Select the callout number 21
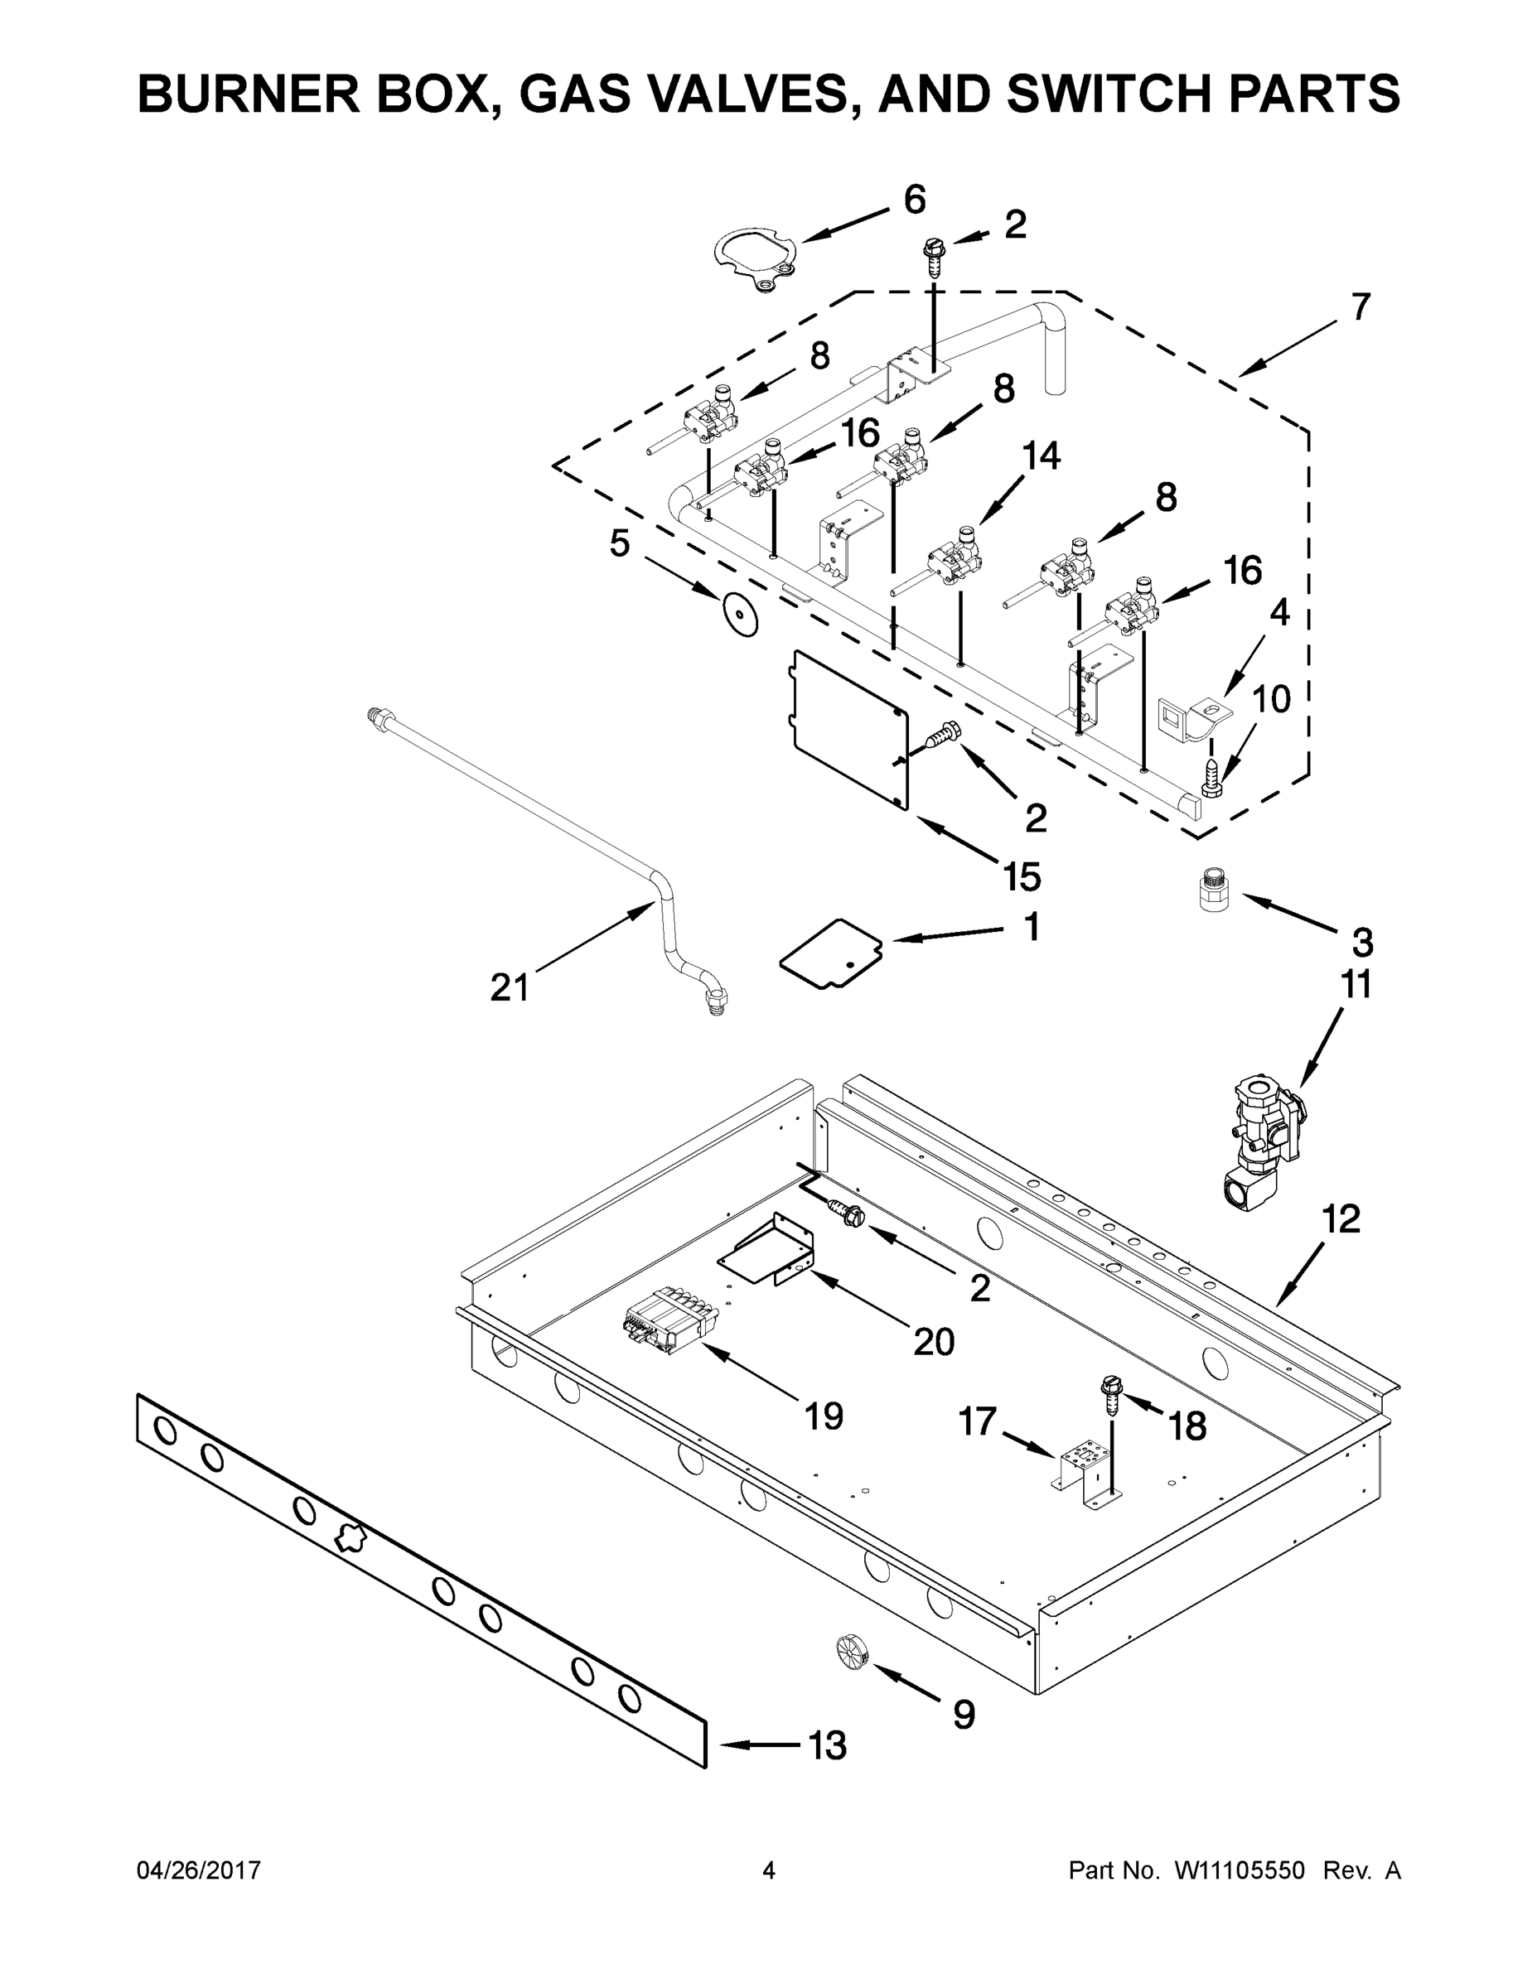(x=509, y=987)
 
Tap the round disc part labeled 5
(x=739, y=615)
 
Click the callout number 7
(x=1360, y=307)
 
